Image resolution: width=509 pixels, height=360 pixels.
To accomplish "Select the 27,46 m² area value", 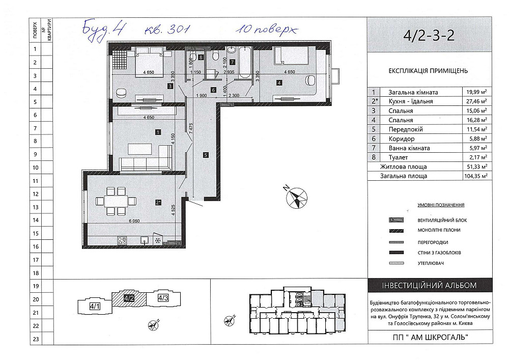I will (476, 102).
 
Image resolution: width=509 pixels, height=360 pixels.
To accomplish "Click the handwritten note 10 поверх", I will (266, 30).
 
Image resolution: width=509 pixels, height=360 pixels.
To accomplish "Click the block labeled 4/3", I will (163, 298).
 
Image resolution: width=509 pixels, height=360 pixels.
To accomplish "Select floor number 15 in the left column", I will (35, 233).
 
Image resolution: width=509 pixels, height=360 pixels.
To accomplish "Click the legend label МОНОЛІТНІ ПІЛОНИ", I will (439, 231).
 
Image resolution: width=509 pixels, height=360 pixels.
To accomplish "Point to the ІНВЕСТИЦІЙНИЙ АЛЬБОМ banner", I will (429, 286).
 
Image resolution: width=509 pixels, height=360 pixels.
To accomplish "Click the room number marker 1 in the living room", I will (158, 132).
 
